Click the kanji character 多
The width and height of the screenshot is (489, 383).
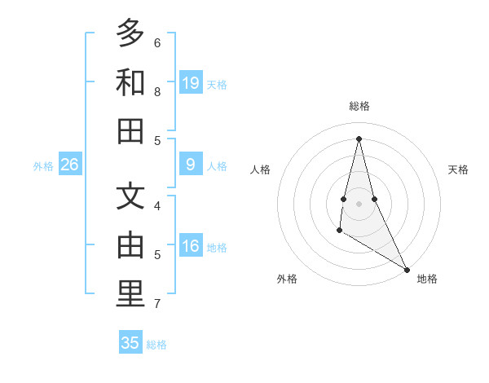[x=130, y=34]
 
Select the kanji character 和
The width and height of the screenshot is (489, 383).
[x=130, y=83]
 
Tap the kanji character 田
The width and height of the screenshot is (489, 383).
[x=130, y=131]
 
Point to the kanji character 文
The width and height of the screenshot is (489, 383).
[x=130, y=197]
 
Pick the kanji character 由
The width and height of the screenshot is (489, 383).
[x=130, y=245]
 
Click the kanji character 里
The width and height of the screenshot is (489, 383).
[x=130, y=294]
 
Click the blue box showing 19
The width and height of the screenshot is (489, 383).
[x=191, y=83]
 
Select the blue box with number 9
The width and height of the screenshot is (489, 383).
[x=191, y=165]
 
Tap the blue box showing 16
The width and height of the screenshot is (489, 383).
[x=191, y=247]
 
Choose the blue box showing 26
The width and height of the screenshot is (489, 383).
[x=70, y=165]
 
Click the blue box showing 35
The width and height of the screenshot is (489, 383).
[x=130, y=343]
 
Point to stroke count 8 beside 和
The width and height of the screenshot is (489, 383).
[x=157, y=92]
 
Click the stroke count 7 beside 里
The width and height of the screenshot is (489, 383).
[x=157, y=304]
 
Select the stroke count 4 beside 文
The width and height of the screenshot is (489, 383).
[x=157, y=205]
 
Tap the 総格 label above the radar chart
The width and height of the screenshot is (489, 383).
[x=359, y=106]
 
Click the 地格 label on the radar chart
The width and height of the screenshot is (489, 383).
[x=427, y=279]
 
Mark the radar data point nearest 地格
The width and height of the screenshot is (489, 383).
[x=407, y=270]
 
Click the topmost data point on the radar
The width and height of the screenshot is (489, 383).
[x=359, y=139]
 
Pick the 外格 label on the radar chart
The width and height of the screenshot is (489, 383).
[x=287, y=279]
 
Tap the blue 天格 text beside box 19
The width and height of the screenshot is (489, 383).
[x=217, y=84]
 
